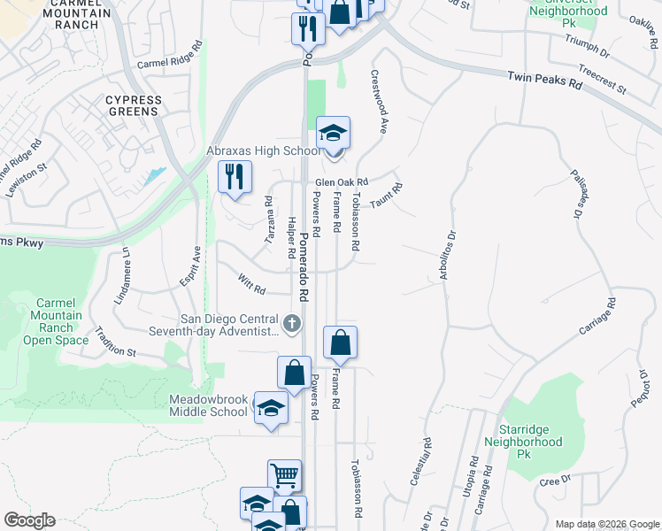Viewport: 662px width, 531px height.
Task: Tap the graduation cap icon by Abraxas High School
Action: tap(334, 135)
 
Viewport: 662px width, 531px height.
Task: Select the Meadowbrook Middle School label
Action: tap(209, 405)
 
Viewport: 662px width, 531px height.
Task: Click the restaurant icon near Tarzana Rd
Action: tap(235, 176)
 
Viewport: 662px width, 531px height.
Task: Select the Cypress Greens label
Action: tap(134, 105)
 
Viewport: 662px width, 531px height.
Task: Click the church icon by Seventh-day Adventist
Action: tap(292, 322)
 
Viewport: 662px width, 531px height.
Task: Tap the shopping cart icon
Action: tap(285, 476)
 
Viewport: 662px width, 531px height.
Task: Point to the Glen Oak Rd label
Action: tap(342, 182)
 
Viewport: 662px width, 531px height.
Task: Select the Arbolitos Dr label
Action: tap(447, 257)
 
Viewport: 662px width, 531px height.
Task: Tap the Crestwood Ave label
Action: tap(380, 101)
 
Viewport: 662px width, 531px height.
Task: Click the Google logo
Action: tap(29, 520)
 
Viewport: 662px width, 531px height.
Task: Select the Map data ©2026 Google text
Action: tap(606, 524)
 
